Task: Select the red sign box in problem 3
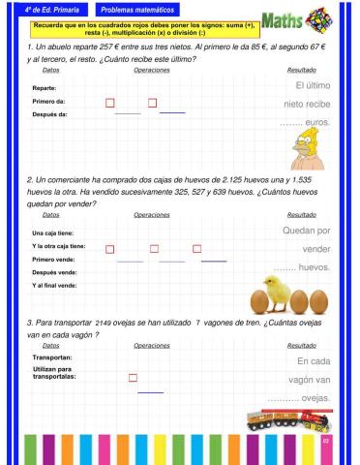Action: click(x=133, y=378)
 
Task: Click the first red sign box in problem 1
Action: click(x=109, y=102)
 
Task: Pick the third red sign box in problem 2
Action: click(x=197, y=249)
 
